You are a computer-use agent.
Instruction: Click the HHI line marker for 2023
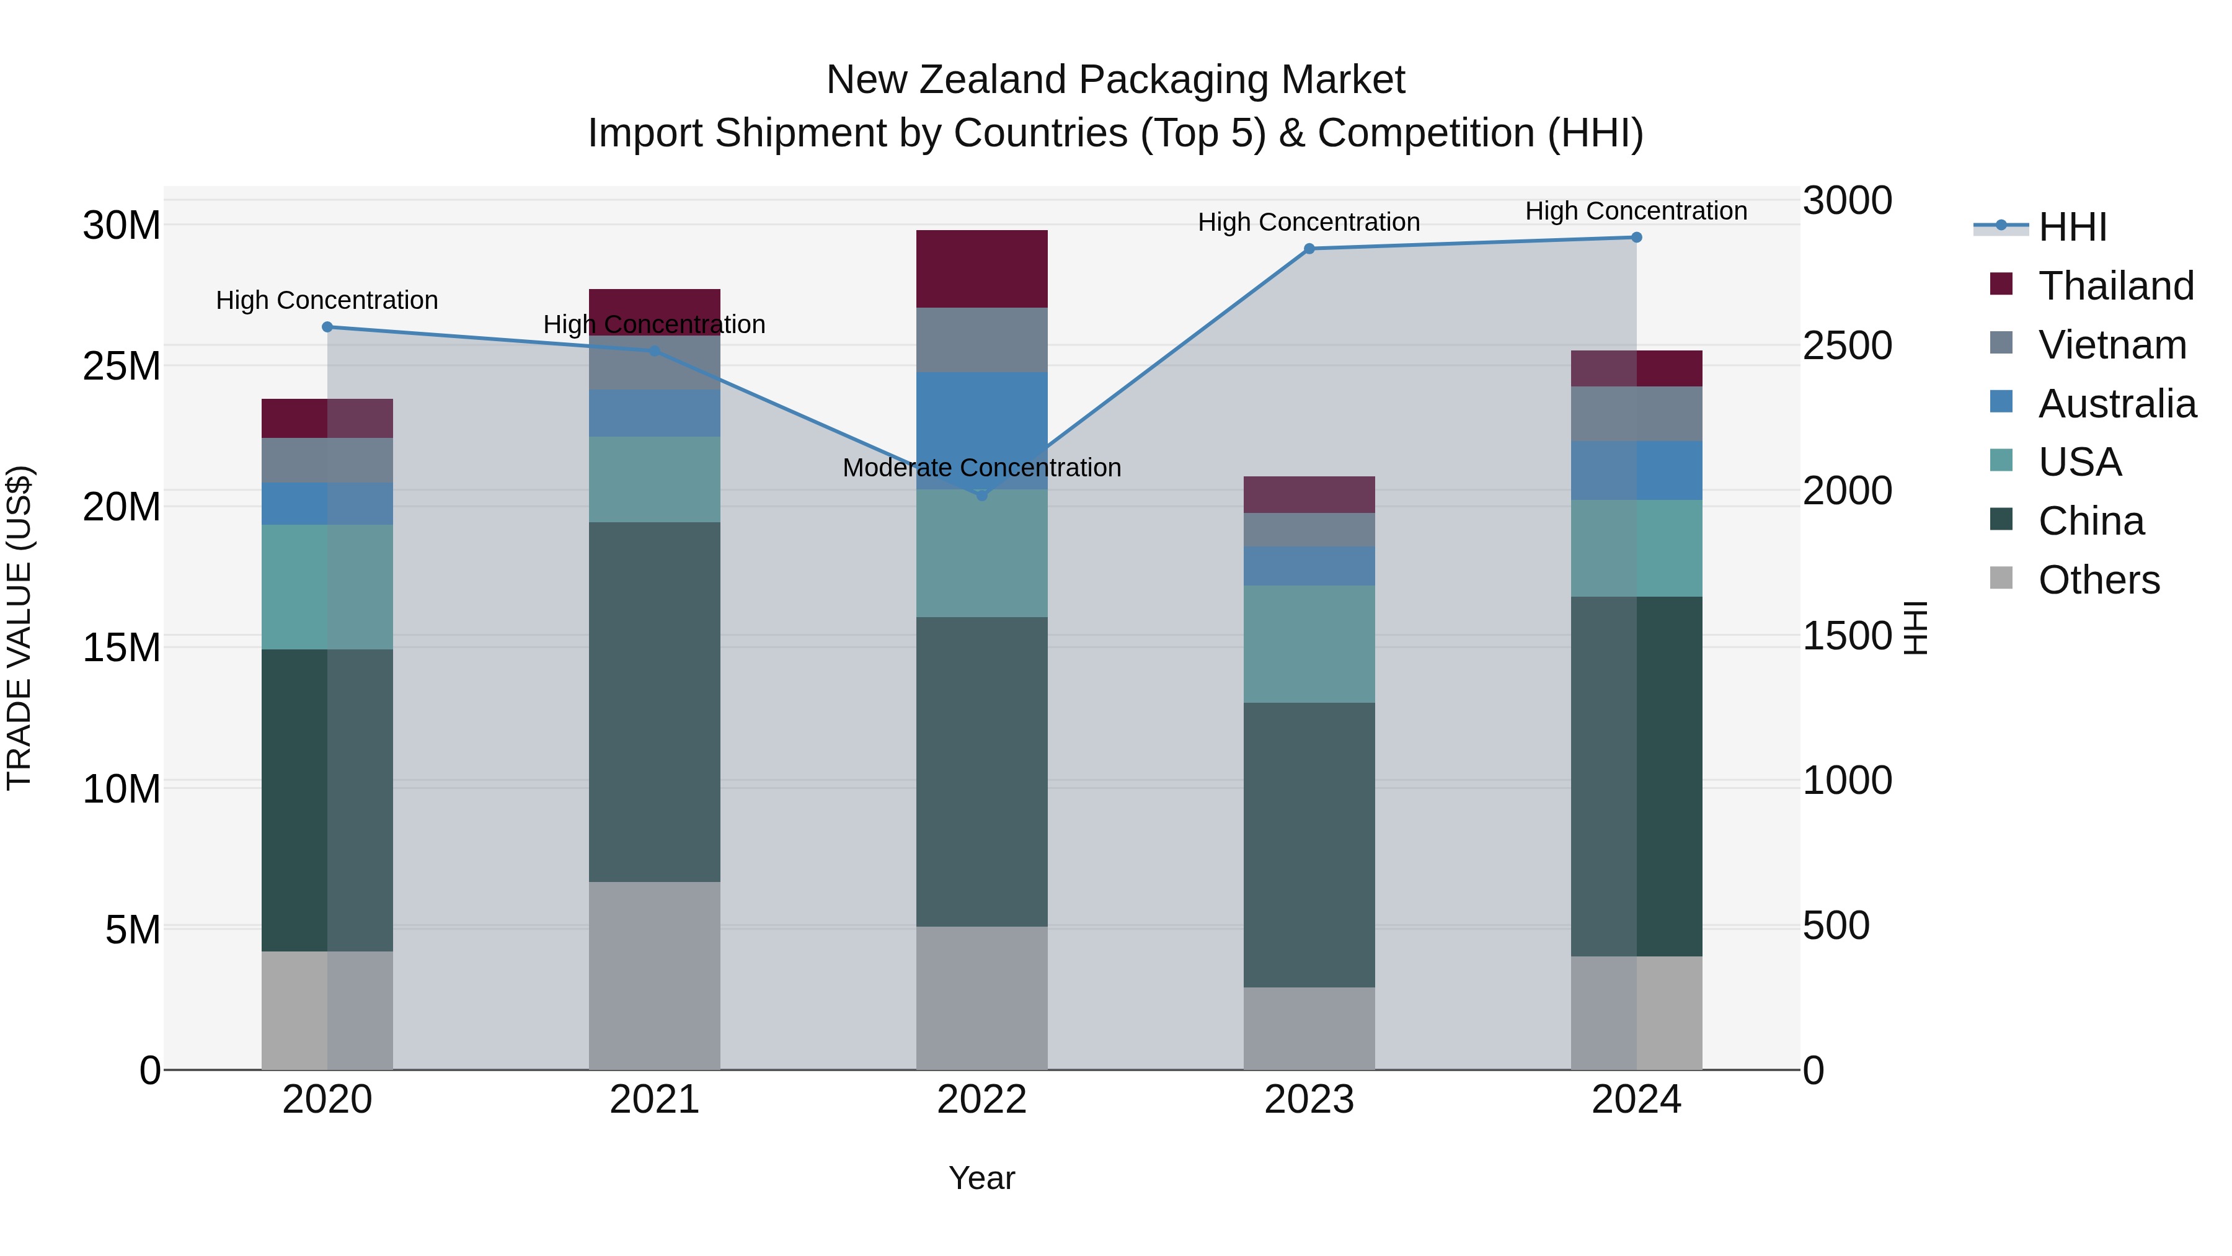pyautogui.click(x=1309, y=249)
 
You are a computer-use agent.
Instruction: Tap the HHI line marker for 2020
pyautogui.click(x=327, y=327)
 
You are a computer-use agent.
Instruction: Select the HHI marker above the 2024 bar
pyautogui.click(x=1636, y=238)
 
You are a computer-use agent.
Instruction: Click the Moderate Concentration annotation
pyautogui.click(x=981, y=468)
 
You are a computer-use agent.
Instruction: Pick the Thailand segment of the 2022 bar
pyautogui.click(x=981, y=269)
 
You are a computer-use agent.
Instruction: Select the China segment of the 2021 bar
pyautogui.click(x=654, y=702)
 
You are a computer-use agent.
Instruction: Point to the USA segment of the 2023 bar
pyautogui.click(x=1309, y=644)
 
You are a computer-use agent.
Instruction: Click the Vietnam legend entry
pyautogui.click(x=2112, y=345)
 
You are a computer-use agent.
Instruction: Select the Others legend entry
pyautogui.click(x=2099, y=580)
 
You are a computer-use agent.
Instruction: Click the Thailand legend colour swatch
pyautogui.click(x=2001, y=284)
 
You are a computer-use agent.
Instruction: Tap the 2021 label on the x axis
pyautogui.click(x=654, y=1100)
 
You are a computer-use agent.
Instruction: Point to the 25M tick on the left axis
pyautogui.click(x=122, y=367)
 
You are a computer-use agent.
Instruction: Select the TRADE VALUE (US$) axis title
pyautogui.click(x=19, y=628)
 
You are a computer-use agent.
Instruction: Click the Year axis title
pyautogui.click(x=981, y=1178)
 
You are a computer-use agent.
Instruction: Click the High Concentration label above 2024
pyautogui.click(x=1636, y=212)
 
